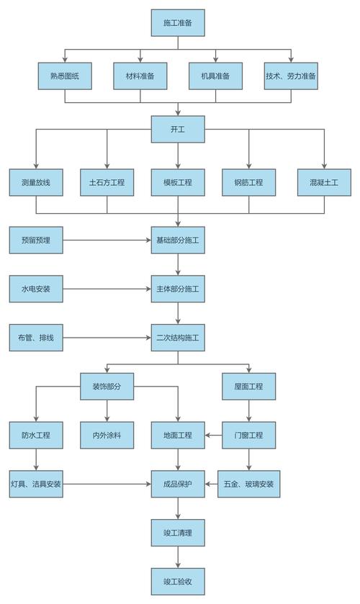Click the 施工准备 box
coord(179,23)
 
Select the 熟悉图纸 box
coord(65,76)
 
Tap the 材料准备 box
coord(140,76)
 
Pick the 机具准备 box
coord(216,76)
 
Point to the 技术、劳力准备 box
coord(291,76)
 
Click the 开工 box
coord(179,130)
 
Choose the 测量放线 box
coord(36,183)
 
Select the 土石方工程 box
coord(107,183)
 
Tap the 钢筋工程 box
coord(249,183)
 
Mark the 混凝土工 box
coord(324,183)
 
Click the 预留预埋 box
coord(36,240)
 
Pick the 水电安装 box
coord(36,289)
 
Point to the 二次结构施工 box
coord(179,337)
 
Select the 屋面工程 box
coord(249,387)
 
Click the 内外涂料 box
coord(107,435)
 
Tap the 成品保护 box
coord(179,484)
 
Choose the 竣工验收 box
coord(179,582)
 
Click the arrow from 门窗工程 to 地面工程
coord(214,435)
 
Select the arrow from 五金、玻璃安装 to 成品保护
coord(214,484)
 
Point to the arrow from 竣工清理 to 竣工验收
coord(179,557)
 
